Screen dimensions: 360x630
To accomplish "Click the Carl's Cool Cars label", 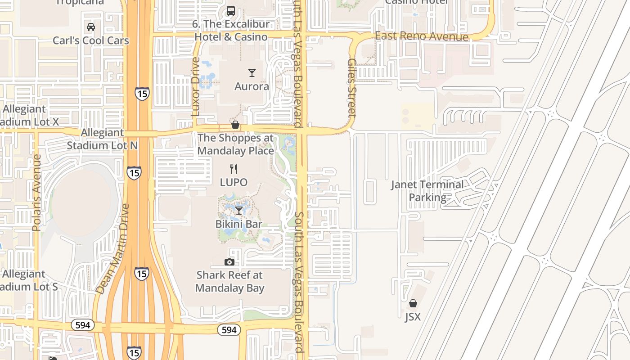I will [x=91, y=40].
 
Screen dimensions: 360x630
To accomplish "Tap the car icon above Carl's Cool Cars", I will [x=91, y=27].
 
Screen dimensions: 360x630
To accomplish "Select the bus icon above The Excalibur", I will [x=231, y=10].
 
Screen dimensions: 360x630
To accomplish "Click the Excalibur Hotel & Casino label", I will [x=231, y=31].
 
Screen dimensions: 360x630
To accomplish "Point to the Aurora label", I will [x=252, y=86].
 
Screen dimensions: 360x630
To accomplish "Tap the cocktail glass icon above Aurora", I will [x=252, y=73].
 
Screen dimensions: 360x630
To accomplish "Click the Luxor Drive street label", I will [x=195, y=87].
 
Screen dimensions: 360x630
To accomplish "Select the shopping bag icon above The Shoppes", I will [x=235, y=125].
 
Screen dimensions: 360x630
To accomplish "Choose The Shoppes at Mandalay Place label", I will [x=235, y=144].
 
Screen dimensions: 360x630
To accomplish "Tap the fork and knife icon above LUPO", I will [x=233, y=169].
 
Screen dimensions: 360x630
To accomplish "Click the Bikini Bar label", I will [x=238, y=224].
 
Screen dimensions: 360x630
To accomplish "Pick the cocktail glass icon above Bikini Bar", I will [x=239, y=211].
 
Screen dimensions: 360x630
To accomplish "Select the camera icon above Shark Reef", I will [x=229, y=262].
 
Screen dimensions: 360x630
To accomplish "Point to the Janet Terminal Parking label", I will [x=427, y=191].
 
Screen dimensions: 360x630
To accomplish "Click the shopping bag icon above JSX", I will [x=413, y=304].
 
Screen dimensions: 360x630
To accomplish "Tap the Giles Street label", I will [x=352, y=88].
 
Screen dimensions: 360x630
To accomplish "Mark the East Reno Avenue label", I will [x=421, y=36].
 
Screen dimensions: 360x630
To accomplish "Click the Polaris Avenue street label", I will [x=37, y=193].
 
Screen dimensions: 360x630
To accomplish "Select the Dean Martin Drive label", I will [x=113, y=249].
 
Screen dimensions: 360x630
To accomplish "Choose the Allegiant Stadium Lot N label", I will [x=102, y=139].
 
